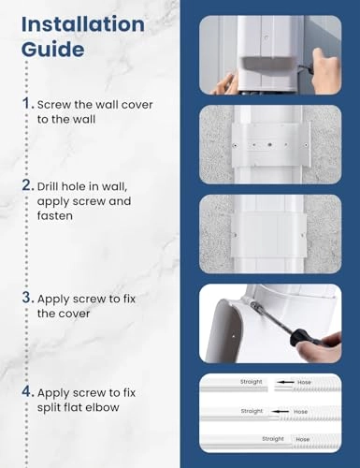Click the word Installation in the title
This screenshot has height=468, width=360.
tap(82, 20)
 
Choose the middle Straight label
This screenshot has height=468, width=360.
tap(252, 411)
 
